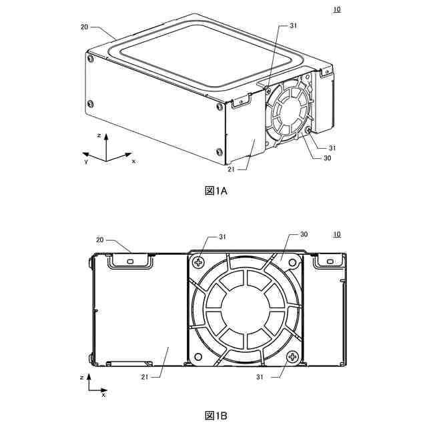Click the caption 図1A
pyautogui.click(x=216, y=191)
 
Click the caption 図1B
pyautogui.click(x=216, y=416)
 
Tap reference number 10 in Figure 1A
pyautogui.click(x=337, y=9)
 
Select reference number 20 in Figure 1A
pyautogui.click(x=85, y=27)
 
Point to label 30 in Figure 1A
pyautogui.click(x=327, y=158)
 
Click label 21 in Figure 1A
pyautogui.click(x=232, y=169)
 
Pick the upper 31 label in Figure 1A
pyautogui.click(x=293, y=25)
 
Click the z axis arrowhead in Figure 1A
pyautogui.click(x=106, y=136)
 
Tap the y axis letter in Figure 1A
pyautogui.click(x=86, y=161)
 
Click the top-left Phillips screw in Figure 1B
pyautogui.click(x=198, y=262)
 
